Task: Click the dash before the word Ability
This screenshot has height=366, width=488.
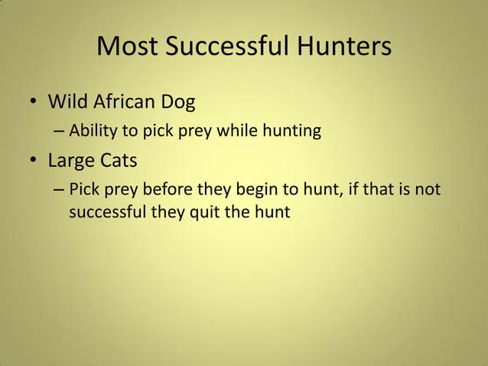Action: click(59, 132)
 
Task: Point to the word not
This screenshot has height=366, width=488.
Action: click(428, 189)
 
